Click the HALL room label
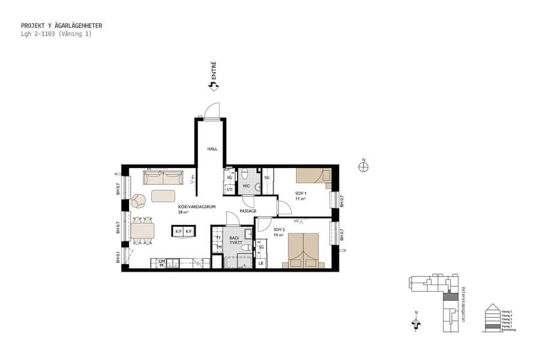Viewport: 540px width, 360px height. (x=212, y=149)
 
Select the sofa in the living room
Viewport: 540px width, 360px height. (x=163, y=178)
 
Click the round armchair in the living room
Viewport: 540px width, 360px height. (x=139, y=200)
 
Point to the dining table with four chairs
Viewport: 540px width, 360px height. (x=142, y=230)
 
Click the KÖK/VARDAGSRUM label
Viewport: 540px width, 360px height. (x=196, y=206)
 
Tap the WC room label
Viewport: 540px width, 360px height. (x=246, y=187)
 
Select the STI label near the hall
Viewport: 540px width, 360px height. (x=229, y=190)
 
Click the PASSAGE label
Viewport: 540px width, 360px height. (x=248, y=211)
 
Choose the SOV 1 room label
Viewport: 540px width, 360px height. (x=301, y=193)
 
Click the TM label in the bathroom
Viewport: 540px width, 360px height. (x=218, y=247)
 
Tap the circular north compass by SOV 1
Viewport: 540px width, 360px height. (x=363, y=167)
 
